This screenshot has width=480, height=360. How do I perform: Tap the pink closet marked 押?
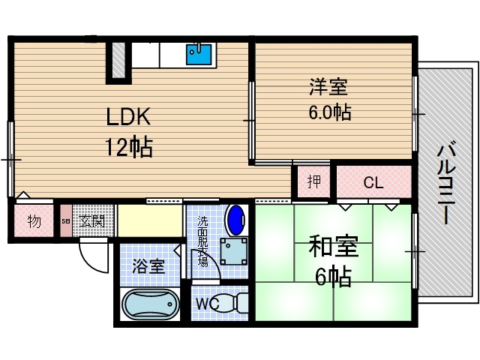[x=313, y=181]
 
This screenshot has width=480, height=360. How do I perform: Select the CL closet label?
[x=373, y=182]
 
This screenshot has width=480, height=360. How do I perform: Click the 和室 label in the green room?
[x=330, y=247]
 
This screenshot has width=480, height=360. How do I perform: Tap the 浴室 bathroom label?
[x=148, y=265]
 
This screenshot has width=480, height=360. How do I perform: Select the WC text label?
[x=208, y=304]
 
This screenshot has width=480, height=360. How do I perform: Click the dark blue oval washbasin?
[x=235, y=220]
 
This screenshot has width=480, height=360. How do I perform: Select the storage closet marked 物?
[x=34, y=221]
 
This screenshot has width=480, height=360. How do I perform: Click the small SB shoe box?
[x=66, y=222]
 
